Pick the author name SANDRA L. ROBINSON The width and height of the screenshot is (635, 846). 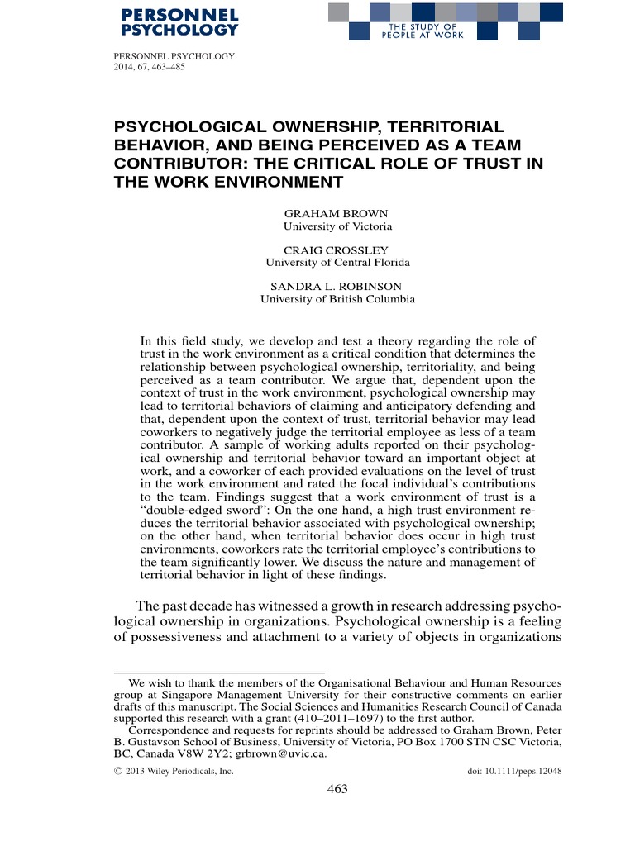pyautogui.click(x=337, y=286)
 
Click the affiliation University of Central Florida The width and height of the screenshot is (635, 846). pyautogui.click(x=337, y=263)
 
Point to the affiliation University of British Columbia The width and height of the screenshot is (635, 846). pyautogui.click(x=337, y=299)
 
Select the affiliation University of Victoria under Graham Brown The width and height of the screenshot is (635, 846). pyautogui.click(x=337, y=226)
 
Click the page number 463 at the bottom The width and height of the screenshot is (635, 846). pyautogui.click(x=337, y=788)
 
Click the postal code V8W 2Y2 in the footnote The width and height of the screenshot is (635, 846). pyautogui.click(x=203, y=753)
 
